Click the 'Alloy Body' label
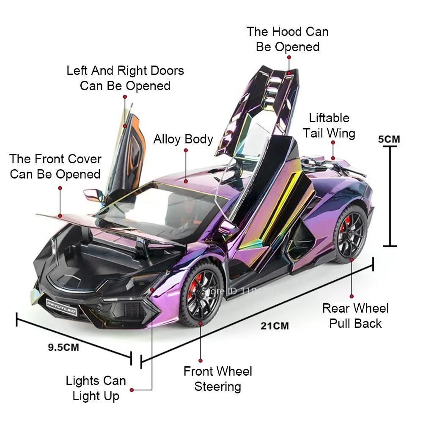[183, 139]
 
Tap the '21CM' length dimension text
[275, 326]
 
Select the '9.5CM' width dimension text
[63, 347]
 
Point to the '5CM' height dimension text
[389, 139]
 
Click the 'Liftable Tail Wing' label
[329, 126]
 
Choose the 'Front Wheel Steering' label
[217, 379]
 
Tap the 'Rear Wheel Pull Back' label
[355, 316]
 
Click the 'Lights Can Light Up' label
[96, 388]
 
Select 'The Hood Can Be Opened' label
[288, 39]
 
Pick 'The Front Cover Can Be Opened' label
[55, 166]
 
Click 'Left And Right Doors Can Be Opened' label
[125, 78]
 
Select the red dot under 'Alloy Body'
[185, 181]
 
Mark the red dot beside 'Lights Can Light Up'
[132, 390]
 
